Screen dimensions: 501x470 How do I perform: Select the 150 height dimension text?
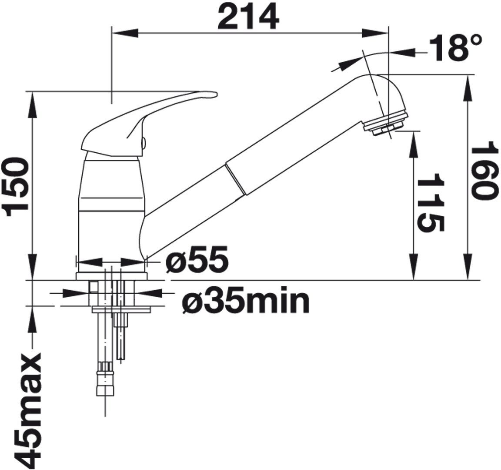click(x=15, y=188)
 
